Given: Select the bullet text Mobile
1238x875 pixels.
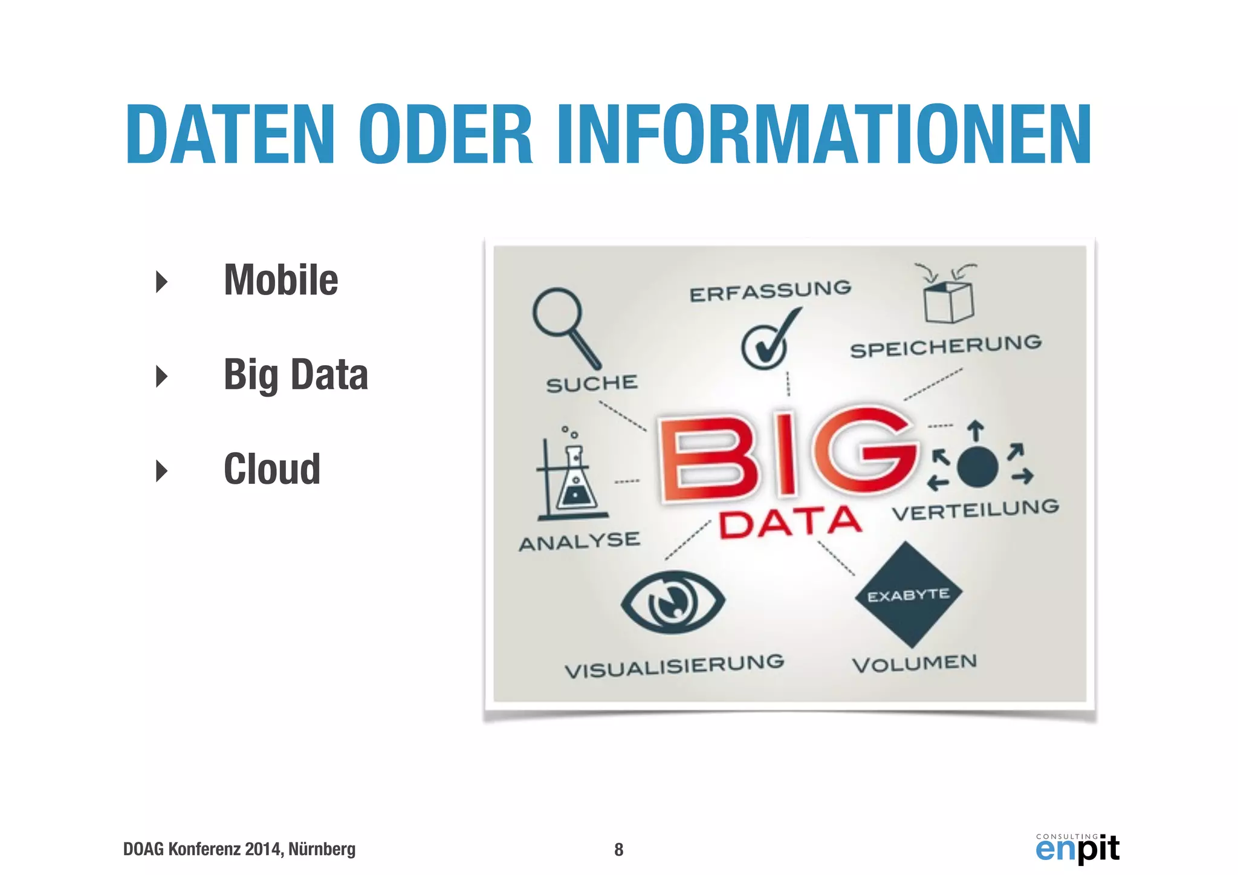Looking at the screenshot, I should (x=281, y=281).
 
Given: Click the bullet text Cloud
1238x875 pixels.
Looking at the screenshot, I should (x=272, y=469).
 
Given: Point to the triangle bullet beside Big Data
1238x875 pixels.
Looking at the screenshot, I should (x=161, y=376).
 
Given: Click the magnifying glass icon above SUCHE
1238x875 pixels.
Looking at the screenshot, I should (x=565, y=327).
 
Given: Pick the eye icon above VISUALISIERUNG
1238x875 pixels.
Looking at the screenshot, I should (x=673, y=602).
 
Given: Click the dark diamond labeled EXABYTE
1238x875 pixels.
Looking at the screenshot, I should (x=909, y=595).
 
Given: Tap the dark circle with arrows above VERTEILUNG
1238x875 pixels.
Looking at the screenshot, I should (x=977, y=467).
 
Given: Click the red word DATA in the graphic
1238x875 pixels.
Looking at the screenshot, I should (x=789, y=523).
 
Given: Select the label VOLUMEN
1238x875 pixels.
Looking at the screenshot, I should (x=915, y=663).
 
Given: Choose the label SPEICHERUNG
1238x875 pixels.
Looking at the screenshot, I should (x=946, y=346).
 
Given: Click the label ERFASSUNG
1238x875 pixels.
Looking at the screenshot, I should (x=770, y=291).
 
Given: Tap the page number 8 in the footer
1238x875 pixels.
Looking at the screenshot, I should (x=618, y=850).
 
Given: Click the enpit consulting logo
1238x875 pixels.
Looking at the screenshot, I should (x=1077, y=848).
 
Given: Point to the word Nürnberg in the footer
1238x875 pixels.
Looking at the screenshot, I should (x=322, y=849).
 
